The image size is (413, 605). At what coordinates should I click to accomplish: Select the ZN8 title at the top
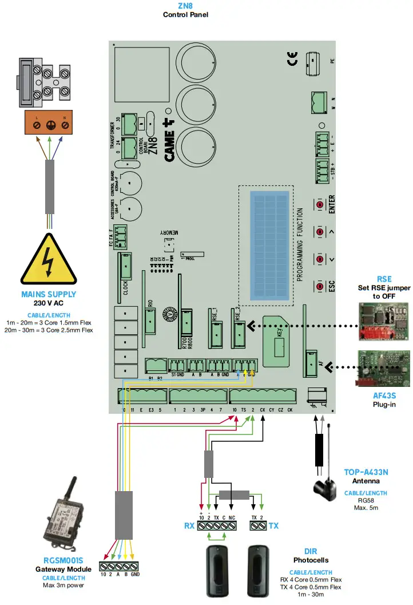pyautogui.click(x=185, y=6)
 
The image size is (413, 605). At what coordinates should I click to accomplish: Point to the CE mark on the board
pyautogui.click(x=292, y=58)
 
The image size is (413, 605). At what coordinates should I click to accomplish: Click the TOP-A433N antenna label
pyautogui.click(x=366, y=472)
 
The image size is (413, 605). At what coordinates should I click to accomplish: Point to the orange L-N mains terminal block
pyautogui.click(x=49, y=122)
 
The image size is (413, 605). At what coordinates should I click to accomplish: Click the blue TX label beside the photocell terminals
pyautogui.click(x=273, y=525)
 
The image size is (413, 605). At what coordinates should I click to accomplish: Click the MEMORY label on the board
pyautogui.click(x=170, y=232)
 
